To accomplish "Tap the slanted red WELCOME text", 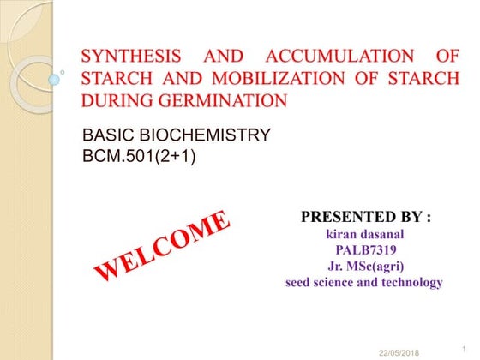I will click(161, 246).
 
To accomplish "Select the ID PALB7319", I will click(363, 250).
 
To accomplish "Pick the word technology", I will click(411, 282).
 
